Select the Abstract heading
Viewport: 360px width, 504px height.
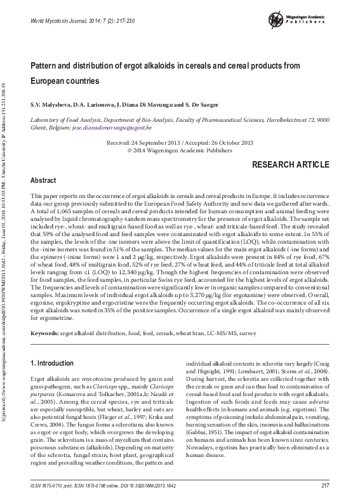pos(44,180)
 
